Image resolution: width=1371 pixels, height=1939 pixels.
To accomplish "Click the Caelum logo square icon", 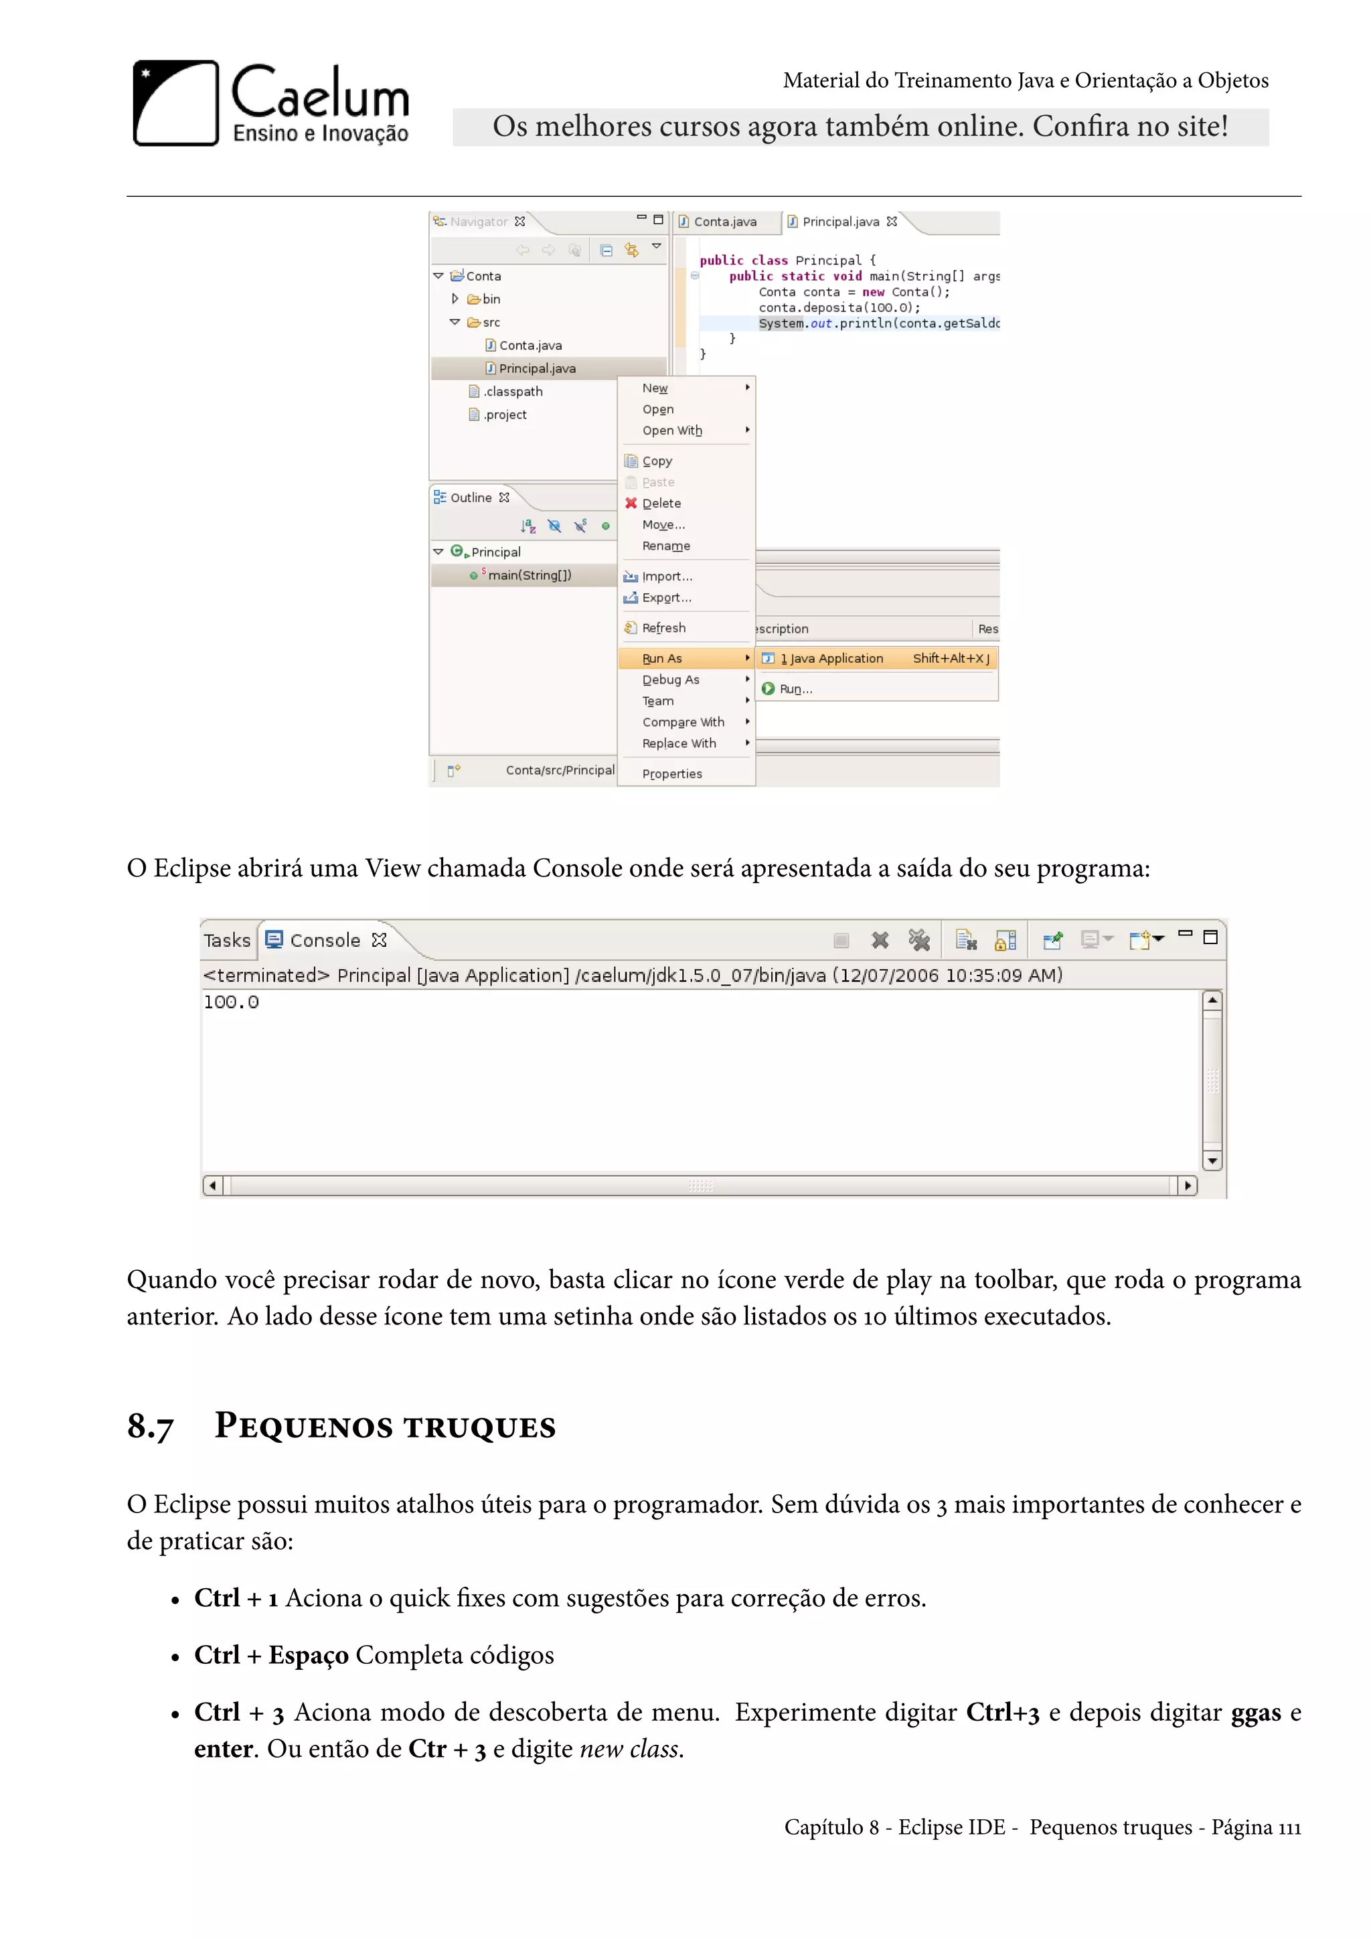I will tap(175, 103).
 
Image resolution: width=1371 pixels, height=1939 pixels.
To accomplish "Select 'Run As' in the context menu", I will tap(663, 659).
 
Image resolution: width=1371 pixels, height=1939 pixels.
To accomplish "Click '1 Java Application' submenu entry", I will tap(831, 659).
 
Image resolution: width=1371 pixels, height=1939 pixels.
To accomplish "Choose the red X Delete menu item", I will tap(661, 503).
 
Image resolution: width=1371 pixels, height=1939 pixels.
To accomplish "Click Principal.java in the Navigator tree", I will tap(537, 368).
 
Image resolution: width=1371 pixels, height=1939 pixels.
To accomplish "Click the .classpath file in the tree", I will tap(512, 392).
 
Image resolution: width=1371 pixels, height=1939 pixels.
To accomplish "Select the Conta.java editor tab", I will tap(724, 222).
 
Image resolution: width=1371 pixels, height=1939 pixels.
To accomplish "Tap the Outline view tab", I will tap(470, 498).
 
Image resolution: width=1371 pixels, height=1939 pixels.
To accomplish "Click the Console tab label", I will tap(324, 940).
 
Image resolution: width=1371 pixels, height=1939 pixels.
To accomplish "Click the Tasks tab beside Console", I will tap(227, 940).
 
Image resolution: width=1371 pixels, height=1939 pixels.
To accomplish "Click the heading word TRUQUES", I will tap(479, 1428).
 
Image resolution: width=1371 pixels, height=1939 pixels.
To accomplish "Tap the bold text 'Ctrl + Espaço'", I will tap(271, 1654).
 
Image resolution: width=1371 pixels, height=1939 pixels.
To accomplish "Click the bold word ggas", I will tap(1255, 1712).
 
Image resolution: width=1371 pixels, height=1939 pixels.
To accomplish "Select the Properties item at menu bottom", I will tap(672, 775).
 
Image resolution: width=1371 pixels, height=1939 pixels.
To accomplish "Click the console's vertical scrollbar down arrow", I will tap(1212, 1161).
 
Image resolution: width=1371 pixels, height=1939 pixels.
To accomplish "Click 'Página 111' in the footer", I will tap(1255, 1828).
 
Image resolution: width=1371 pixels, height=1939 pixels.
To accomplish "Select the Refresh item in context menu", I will tap(663, 628).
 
